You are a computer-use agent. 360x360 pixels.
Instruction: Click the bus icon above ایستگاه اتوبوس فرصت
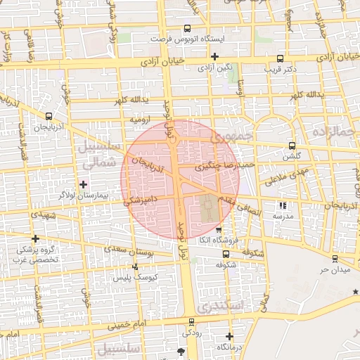tap(186, 29)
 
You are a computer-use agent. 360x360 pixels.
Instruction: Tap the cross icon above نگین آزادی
tap(214, 56)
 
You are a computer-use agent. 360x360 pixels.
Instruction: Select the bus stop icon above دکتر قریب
tap(281, 59)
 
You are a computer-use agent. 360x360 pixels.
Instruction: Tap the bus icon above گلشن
tap(292, 146)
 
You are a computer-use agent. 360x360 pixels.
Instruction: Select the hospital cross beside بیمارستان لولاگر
tap(84, 183)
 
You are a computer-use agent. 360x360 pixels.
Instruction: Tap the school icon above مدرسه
tap(283, 206)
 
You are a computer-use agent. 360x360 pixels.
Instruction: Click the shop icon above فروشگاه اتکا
tap(219, 230)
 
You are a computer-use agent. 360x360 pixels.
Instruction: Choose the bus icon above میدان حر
tap(335, 258)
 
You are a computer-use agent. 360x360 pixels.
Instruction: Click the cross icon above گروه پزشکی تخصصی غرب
tap(35, 238)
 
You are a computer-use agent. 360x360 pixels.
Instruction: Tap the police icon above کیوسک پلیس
tap(136, 266)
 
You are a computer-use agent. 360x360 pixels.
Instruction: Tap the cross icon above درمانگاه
tap(229, 336)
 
